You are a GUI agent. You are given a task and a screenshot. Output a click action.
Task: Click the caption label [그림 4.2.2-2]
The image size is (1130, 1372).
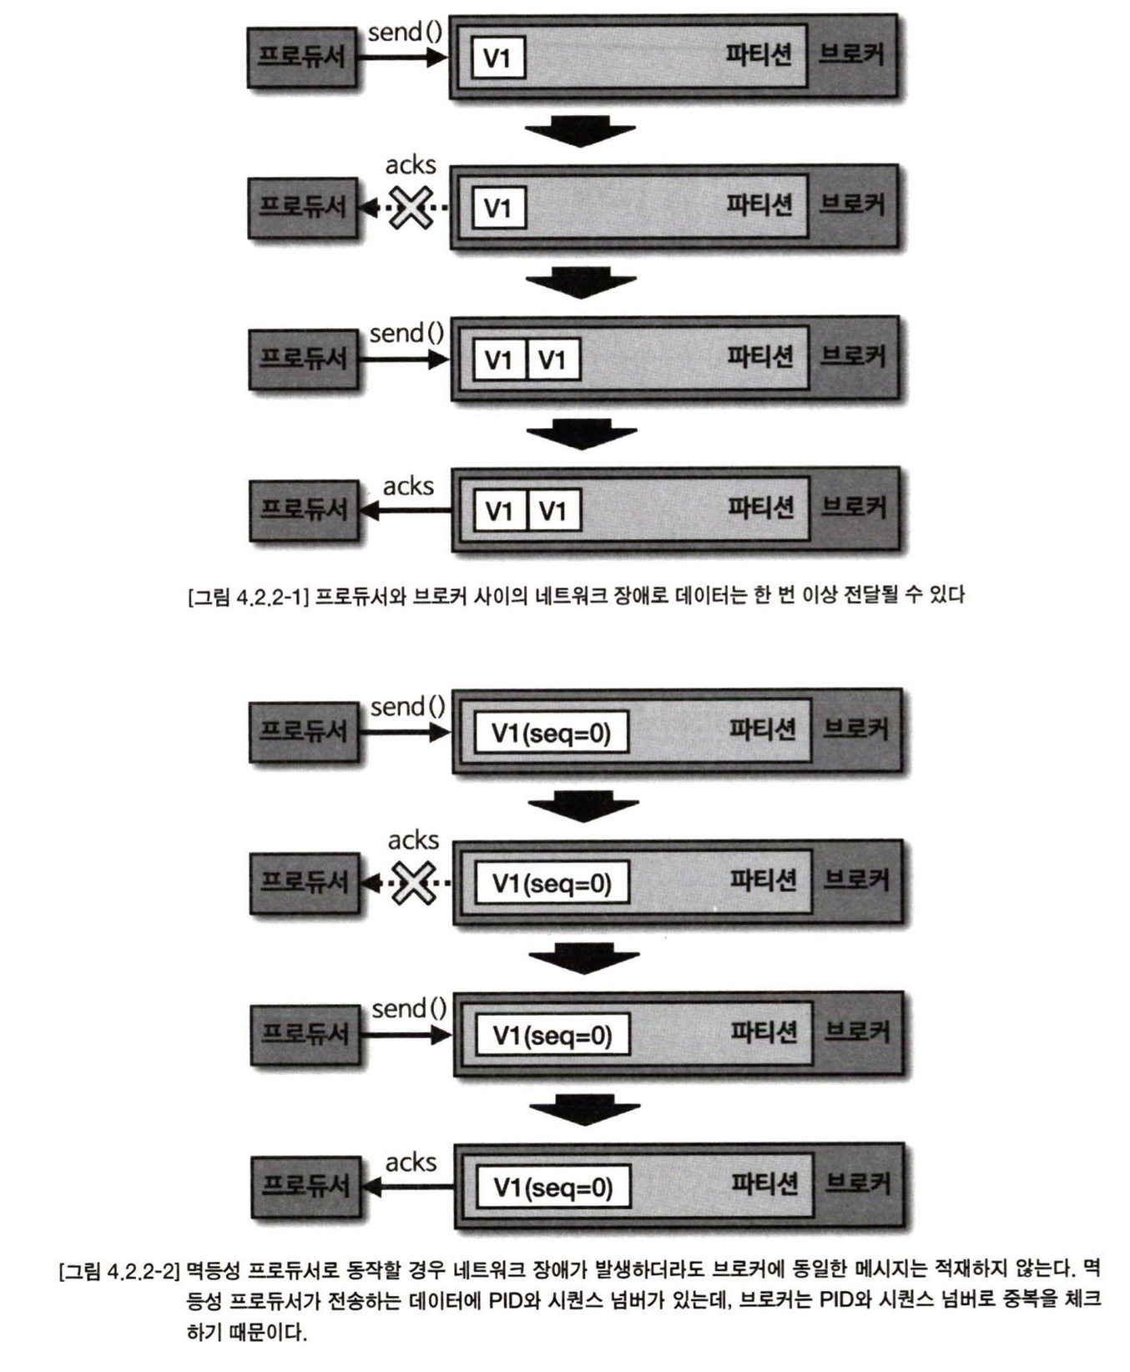[119, 1271]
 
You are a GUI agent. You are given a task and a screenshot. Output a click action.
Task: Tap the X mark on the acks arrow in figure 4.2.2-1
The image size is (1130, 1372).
[411, 208]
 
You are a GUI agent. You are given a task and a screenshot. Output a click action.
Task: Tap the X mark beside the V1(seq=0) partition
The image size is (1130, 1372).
[414, 883]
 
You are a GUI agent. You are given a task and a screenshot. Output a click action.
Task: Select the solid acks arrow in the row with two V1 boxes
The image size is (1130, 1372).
[406, 510]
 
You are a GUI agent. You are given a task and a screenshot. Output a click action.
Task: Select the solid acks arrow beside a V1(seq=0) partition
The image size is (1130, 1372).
[410, 1186]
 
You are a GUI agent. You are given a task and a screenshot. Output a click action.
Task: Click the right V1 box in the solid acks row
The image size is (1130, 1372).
[552, 511]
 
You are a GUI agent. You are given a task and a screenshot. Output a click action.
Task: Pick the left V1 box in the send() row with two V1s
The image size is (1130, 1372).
[499, 360]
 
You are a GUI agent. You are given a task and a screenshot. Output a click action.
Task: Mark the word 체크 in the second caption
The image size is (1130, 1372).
[1083, 1299]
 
